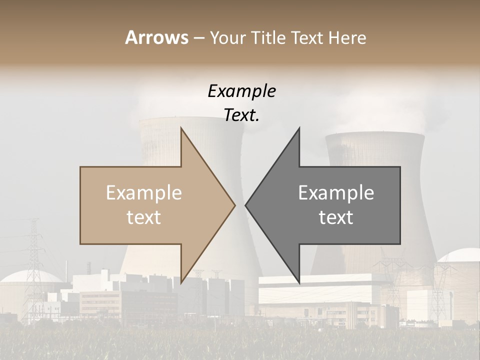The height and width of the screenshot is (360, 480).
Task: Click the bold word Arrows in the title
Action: [156, 37]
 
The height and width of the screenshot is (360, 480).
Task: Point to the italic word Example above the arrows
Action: [241, 91]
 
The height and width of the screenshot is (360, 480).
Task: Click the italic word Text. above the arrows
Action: [241, 115]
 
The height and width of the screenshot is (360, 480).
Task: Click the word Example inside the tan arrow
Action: [144, 193]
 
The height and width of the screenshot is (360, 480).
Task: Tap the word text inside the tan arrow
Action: [144, 217]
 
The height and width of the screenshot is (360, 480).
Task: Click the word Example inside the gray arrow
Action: [336, 193]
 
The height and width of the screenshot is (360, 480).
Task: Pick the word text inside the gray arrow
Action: [336, 217]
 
